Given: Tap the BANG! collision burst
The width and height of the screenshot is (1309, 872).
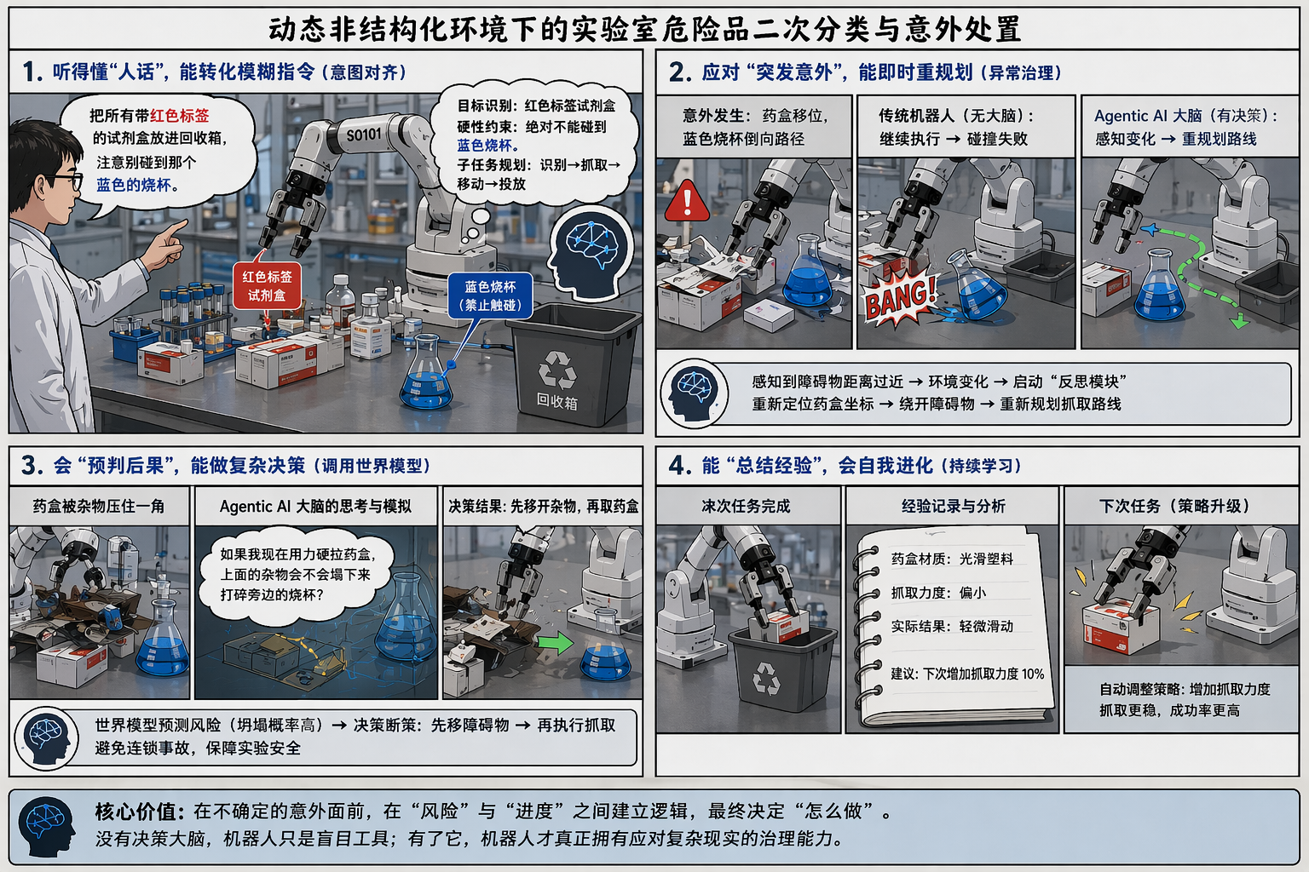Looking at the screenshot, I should click(900, 299).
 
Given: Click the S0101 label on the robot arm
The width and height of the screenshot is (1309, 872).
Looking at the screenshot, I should click(364, 135).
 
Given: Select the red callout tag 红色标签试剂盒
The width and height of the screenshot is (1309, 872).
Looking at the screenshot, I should click(267, 285).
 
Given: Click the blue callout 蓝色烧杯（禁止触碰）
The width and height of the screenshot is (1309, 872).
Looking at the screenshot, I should click(490, 295).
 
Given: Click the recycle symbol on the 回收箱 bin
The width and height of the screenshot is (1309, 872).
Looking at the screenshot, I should click(557, 369).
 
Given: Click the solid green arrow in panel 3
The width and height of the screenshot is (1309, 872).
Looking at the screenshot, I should click(555, 643).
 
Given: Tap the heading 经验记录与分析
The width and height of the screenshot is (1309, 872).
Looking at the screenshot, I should click(953, 506).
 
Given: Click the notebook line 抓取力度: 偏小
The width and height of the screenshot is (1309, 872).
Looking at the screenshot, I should click(938, 593).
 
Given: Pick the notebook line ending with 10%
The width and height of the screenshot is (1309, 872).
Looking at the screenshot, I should click(967, 674).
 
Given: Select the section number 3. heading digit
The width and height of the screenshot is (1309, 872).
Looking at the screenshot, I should click(32, 466).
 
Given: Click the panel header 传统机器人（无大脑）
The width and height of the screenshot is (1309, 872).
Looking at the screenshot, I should click(956, 117).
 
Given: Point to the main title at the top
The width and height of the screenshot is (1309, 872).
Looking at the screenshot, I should click(645, 29).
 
